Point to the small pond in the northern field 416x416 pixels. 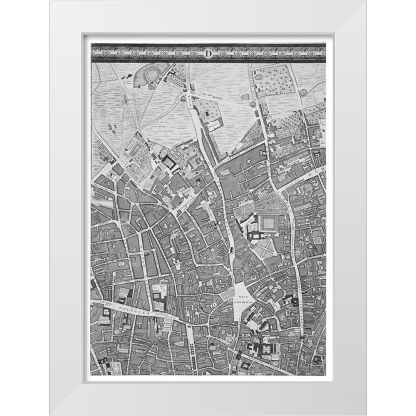coord(245,97)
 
